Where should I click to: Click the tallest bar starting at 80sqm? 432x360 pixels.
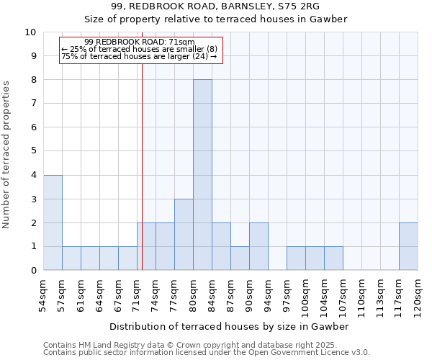pos(202,175)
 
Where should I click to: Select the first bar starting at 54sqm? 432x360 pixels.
pos(53,222)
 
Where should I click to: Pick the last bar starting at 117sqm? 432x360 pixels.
pos(408,246)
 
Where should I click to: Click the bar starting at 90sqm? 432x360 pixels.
pos(258,246)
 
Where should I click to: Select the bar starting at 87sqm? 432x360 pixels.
pos(240,258)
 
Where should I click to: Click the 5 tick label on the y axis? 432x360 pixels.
pos(33,151)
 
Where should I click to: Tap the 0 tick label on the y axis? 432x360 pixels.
pos(33,271)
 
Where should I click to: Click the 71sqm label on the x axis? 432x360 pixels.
pos(137,296)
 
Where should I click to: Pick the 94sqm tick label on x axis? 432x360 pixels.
pos(268,296)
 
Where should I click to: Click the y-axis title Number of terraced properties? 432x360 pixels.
pos(6,155)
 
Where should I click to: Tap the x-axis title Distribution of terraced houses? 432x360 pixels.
pos(230,326)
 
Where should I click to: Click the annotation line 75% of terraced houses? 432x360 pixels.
pos(139,56)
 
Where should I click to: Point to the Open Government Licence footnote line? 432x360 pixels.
pos(207,353)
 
